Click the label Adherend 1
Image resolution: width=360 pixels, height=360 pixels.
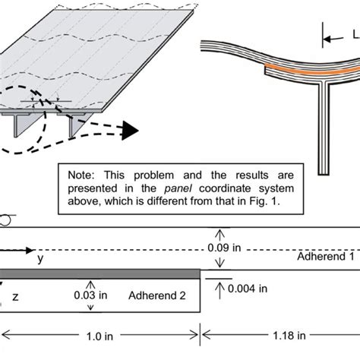coord(326,258)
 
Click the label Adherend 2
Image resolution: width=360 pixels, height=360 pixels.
coord(156,294)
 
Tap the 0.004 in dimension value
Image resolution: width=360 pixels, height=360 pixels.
coord(247,288)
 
